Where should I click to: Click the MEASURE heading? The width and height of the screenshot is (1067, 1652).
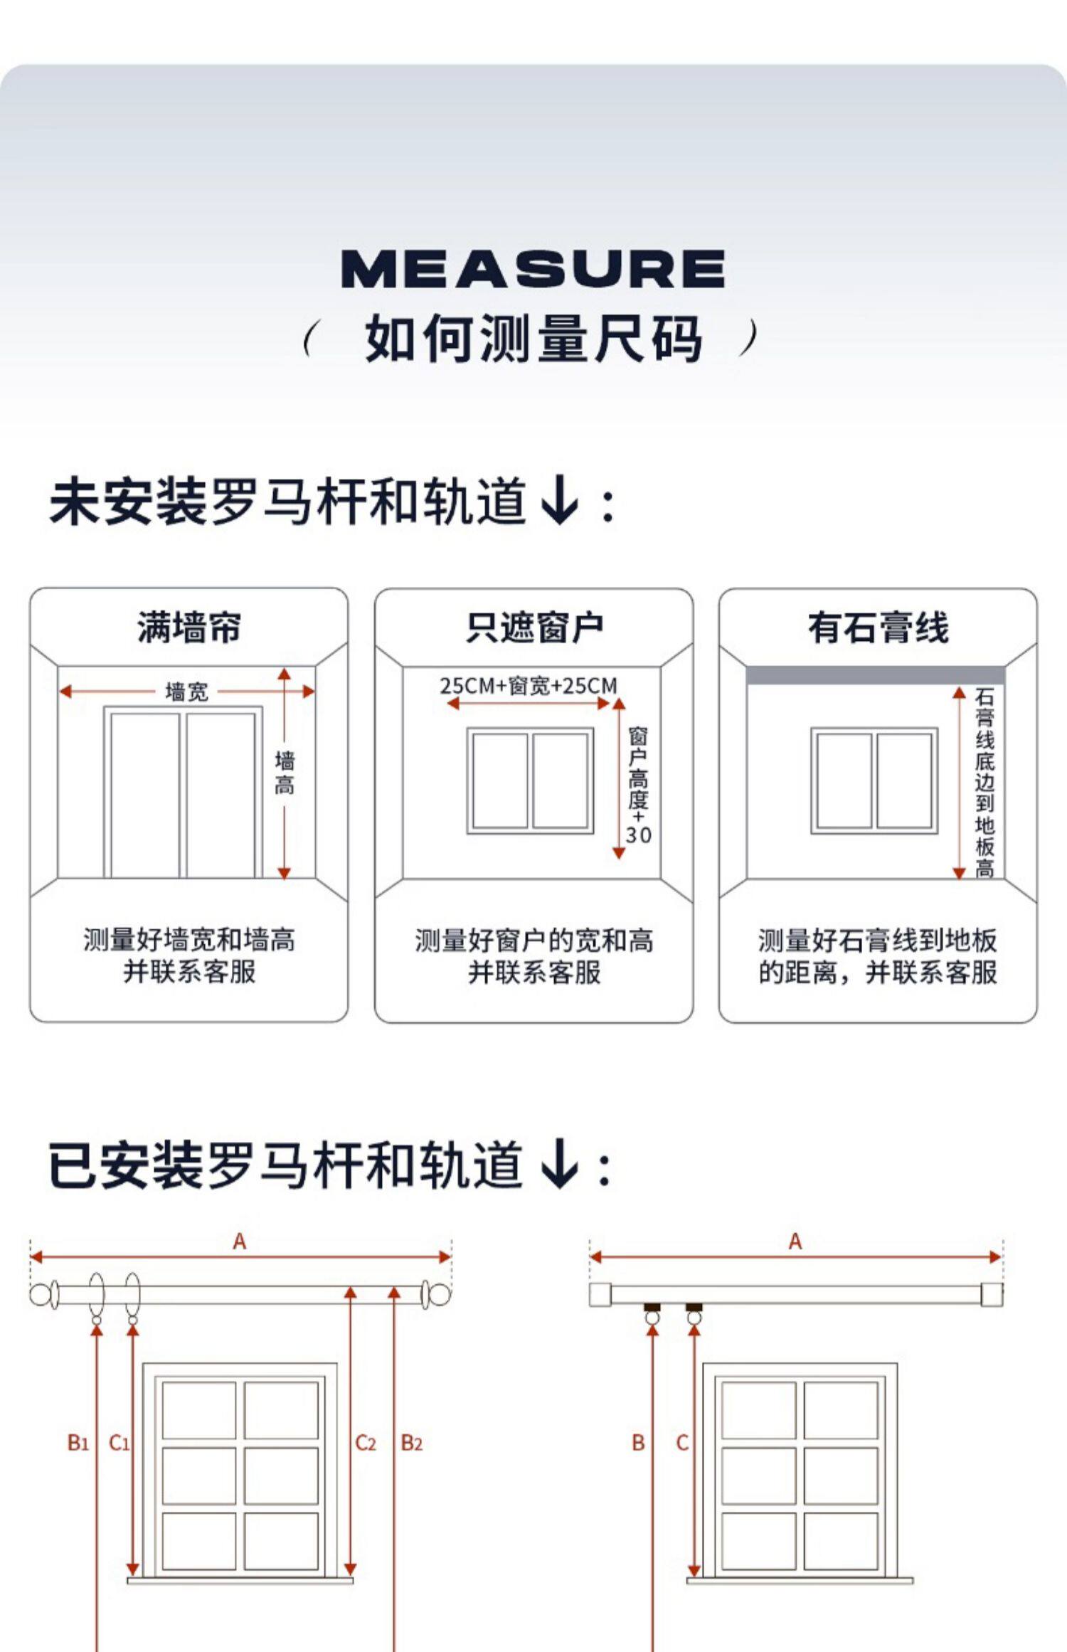[533, 269]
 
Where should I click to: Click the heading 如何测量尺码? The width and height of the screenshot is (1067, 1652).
[533, 339]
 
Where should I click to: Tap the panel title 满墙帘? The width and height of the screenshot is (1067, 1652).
[189, 628]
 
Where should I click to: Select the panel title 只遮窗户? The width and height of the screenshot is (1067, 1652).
[534, 628]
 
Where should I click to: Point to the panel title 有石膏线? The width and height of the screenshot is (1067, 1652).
[878, 628]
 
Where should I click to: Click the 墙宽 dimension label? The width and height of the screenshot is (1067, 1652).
[186, 692]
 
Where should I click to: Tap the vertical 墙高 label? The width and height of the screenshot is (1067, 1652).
[285, 773]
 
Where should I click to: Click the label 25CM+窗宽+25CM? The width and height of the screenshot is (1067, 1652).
[529, 686]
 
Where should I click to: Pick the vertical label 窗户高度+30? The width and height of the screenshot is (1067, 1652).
[638, 785]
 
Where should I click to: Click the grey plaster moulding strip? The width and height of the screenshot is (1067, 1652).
[875, 675]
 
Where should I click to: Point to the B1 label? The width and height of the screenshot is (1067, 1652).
[78, 1443]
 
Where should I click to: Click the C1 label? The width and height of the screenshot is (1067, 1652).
[119, 1443]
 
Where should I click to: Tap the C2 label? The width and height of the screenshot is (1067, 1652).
[366, 1443]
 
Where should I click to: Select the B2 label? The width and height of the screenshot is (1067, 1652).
[412, 1443]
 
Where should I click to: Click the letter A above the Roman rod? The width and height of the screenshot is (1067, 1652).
[240, 1242]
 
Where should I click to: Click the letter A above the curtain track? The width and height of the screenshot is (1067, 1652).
[795, 1242]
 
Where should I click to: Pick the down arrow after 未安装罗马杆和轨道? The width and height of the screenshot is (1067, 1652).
[560, 501]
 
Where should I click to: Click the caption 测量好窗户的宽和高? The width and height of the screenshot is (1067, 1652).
[534, 941]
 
